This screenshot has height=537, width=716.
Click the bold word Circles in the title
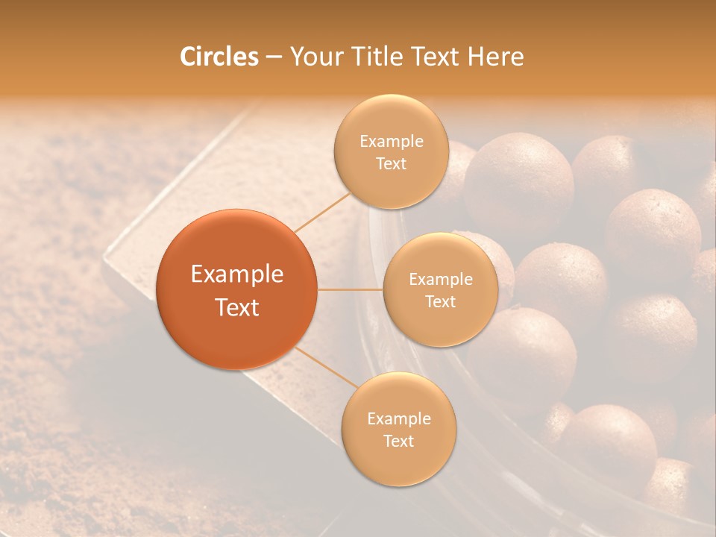pyautogui.click(x=219, y=57)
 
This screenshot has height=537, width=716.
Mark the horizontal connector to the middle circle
pyautogui.click(x=350, y=289)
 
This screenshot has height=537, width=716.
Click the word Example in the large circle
pyautogui.click(x=237, y=274)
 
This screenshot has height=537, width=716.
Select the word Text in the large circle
pyautogui.click(x=237, y=307)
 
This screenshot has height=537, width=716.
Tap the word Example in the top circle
pyautogui.click(x=391, y=142)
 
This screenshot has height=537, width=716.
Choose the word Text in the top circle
pyautogui.click(x=391, y=164)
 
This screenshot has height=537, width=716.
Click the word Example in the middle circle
pyautogui.click(x=440, y=280)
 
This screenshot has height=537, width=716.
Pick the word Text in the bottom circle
pyautogui.click(x=398, y=442)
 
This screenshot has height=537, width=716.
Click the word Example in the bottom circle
pyautogui.click(x=398, y=419)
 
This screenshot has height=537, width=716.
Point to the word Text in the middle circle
pyautogui.click(x=440, y=302)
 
